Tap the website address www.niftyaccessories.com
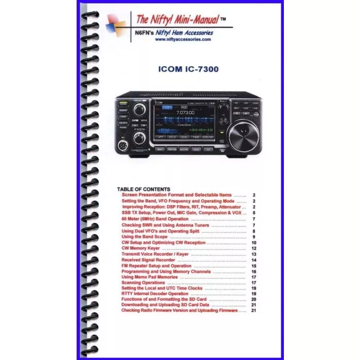click(x=176, y=39)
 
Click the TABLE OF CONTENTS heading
click(x=143, y=189)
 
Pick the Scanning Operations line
click(x=143, y=282)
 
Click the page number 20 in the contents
click(x=254, y=299)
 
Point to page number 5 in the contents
click(x=254, y=213)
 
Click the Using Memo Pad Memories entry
click(x=149, y=277)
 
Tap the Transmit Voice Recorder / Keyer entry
click(x=155, y=254)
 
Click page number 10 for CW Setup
click(x=254, y=242)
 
